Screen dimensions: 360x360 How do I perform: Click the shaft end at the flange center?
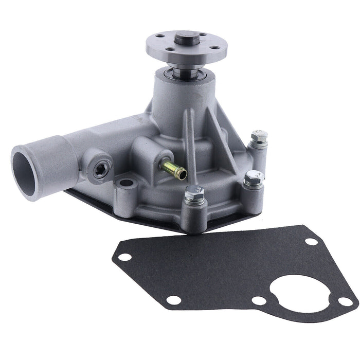click(183, 39)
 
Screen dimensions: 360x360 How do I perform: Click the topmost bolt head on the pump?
click(259, 136)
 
